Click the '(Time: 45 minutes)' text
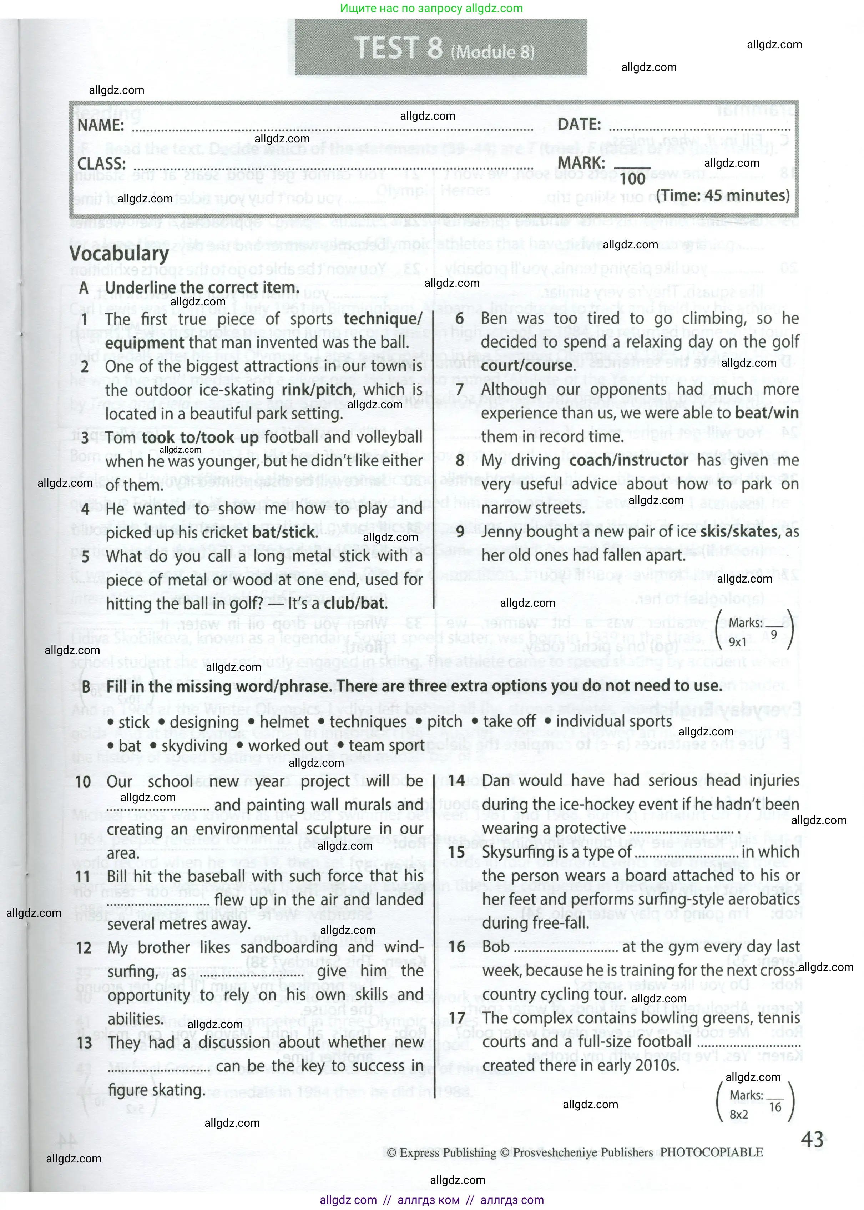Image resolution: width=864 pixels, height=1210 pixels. (722, 195)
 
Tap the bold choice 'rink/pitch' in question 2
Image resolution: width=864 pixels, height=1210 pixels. (317, 390)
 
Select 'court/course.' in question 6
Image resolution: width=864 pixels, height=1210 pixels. (528, 366)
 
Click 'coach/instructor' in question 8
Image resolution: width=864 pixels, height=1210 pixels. (628, 460)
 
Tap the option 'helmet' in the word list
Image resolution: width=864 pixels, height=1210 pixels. (284, 722)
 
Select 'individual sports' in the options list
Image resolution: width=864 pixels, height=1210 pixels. (613, 721)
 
